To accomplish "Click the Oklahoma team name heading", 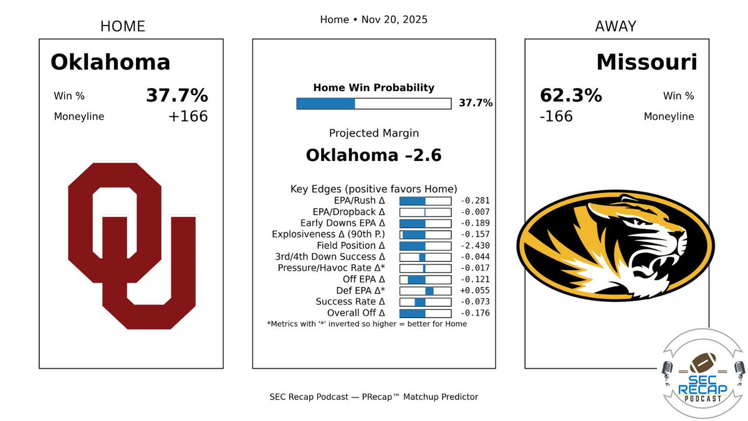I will click(x=110, y=62).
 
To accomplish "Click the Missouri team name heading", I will click(x=646, y=62).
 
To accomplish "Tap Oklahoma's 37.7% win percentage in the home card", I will click(x=177, y=95).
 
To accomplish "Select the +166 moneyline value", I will click(x=188, y=117).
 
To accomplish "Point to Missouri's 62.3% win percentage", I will click(x=570, y=95).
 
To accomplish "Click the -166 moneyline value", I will click(x=556, y=117).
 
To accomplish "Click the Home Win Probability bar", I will click(x=373, y=103).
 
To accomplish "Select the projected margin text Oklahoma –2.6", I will click(x=373, y=155).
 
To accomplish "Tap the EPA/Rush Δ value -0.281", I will click(x=474, y=201).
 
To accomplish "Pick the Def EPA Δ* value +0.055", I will click(x=474, y=291).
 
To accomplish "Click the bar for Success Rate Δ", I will click(x=425, y=302).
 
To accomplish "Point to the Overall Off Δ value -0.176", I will click(x=474, y=313).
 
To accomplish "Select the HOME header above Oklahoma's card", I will click(x=123, y=26).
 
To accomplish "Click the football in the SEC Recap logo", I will click(x=702, y=361).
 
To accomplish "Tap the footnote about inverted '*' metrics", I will click(x=367, y=324).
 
